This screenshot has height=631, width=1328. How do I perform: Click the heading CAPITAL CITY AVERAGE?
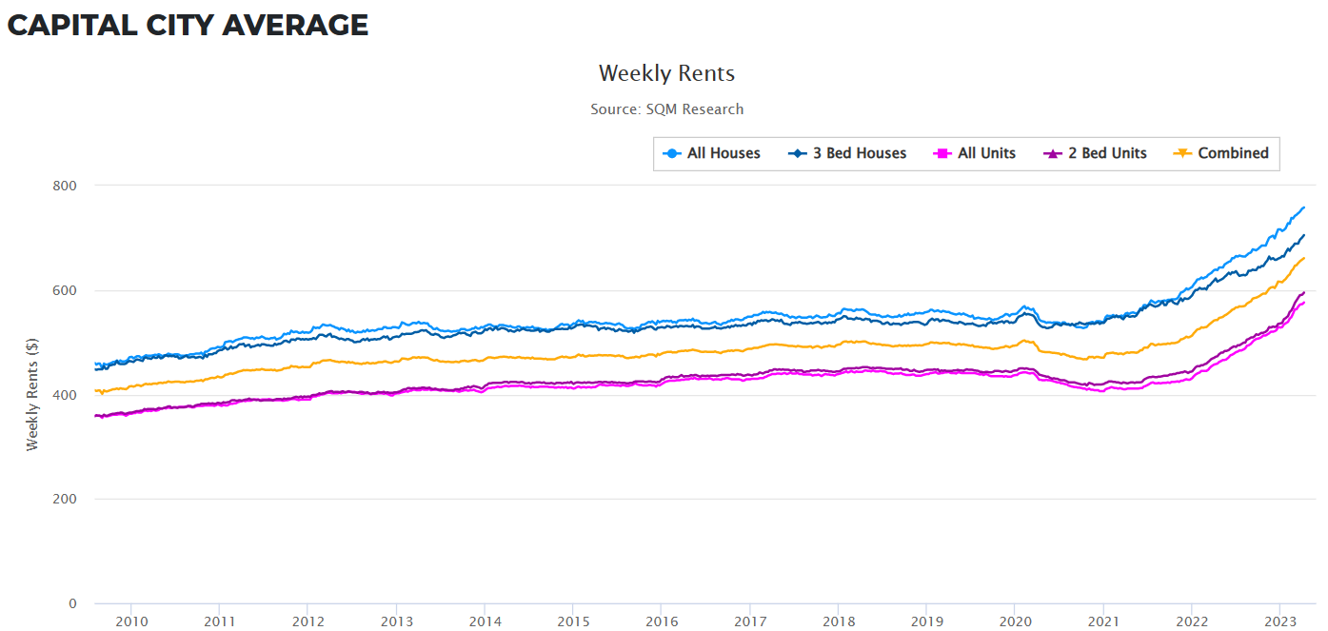pyautogui.click(x=188, y=25)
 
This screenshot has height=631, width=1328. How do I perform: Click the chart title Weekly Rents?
pyautogui.click(x=666, y=73)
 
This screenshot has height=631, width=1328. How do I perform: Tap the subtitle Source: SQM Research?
pyautogui.click(x=666, y=109)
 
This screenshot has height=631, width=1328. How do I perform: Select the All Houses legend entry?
pyautogui.click(x=712, y=153)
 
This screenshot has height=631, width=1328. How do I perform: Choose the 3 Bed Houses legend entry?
pyautogui.click(x=848, y=153)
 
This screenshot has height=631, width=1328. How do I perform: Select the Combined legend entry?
pyautogui.click(x=1222, y=153)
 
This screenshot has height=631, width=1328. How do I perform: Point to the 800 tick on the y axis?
pyautogui.click(x=65, y=186)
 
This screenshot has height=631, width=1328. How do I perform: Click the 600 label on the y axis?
pyautogui.click(x=65, y=290)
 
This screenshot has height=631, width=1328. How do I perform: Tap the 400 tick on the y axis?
pyautogui.click(x=65, y=395)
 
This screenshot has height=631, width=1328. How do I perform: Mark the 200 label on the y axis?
pyautogui.click(x=65, y=500)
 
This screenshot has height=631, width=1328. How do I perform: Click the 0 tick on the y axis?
pyautogui.click(x=72, y=604)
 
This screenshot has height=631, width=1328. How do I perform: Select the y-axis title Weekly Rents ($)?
pyautogui.click(x=32, y=394)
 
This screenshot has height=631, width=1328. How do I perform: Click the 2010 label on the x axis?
pyautogui.click(x=131, y=621)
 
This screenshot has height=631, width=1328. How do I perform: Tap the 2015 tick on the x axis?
pyautogui.click(x=573, y=621)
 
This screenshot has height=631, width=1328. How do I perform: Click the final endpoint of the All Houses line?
pyautogui.click(x=1303, y=207)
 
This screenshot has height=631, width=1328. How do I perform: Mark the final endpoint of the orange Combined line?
pyautogui.click(x=1303, y=258)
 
